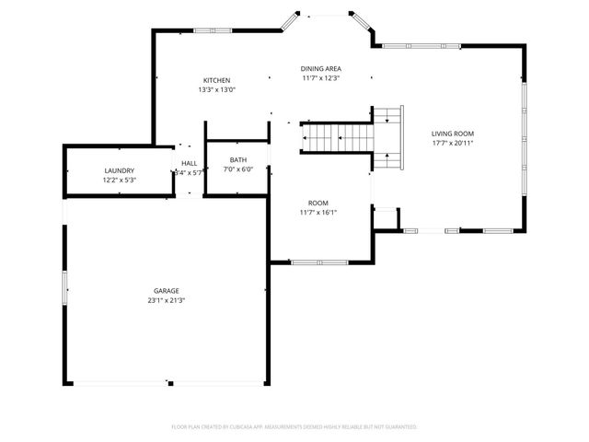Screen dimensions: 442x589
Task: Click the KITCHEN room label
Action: (x=217, y=80)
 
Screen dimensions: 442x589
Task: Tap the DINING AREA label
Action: (x=321, y=69)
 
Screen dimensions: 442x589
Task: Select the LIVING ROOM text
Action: (x=453, y=134)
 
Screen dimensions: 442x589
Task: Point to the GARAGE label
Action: (x=166, y=291)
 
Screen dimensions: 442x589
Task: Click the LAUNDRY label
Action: (x=120, y=170)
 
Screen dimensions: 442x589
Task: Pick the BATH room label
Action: (x=238, y=160)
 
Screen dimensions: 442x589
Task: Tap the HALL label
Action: (x=189, y=163)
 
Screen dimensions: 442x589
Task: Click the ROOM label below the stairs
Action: (x=318, y=203)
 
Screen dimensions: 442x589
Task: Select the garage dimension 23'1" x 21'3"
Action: (x=166, y=301)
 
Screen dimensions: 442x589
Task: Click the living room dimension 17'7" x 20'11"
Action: (x=453, y=144)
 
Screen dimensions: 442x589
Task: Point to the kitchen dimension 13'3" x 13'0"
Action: (x=217, y=90)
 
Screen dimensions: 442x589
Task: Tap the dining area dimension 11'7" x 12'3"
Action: (x=321, y=79)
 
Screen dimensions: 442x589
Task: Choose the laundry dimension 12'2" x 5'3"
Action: (x=120, y=180)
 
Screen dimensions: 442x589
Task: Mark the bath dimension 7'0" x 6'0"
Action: (x=238, y=170)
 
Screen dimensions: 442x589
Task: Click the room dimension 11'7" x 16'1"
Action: (x=318, y=213)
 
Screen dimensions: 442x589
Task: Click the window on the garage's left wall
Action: (x=64, y=287)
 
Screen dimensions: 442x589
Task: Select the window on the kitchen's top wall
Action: (x=214, y=30)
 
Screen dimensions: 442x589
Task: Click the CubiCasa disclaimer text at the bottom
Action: (x=294, y=426)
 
